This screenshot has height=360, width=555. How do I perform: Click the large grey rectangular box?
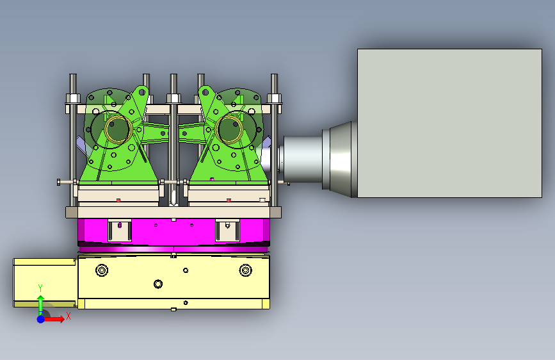[x=449, y=123]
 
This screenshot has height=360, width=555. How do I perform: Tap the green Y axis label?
[x=40, y=288]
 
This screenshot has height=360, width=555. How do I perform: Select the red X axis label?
[x=68, y=316]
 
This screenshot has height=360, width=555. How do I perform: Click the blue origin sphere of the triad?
[x=41, y=319]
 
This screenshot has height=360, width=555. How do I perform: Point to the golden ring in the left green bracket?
[x=118, y=129]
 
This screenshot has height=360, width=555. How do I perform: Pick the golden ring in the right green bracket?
[x=229, y=129]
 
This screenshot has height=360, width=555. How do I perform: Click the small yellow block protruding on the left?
[x=45, y=282]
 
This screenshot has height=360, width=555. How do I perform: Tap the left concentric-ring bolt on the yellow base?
[x=102, y=270]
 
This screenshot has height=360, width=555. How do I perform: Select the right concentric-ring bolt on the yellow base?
[x=245, y=270]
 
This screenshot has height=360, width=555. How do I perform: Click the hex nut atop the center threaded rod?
[x=173, y=98]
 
